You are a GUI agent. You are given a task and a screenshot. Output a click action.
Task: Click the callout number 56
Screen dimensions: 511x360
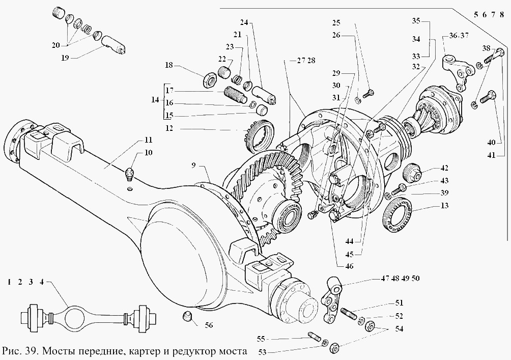209,325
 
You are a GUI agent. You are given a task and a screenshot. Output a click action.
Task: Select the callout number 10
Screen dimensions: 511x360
148,153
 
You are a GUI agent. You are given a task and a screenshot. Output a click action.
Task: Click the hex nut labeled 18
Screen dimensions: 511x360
208,80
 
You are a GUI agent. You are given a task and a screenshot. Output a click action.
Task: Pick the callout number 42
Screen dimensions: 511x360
444,168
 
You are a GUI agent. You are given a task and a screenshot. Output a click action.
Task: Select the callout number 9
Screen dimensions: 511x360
193,165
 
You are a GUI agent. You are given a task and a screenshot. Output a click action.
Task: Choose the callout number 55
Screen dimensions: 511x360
261,339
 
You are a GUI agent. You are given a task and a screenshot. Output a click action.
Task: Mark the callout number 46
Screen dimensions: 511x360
349,266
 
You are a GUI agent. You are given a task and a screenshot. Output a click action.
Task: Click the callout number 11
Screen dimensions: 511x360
148,140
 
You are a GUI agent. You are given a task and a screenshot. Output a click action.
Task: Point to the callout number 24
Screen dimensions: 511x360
244,22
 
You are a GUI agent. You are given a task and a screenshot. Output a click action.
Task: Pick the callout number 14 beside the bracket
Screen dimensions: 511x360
155,99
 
